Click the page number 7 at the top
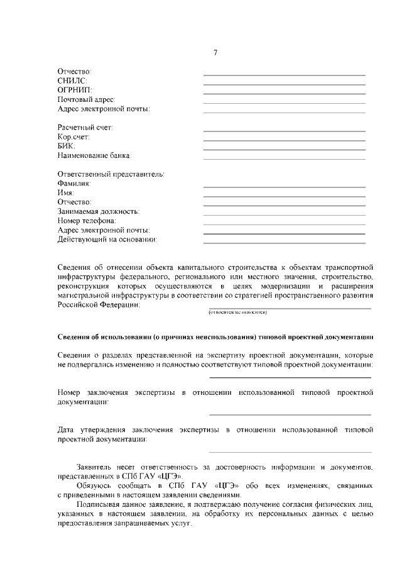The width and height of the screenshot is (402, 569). [x=215, y=52]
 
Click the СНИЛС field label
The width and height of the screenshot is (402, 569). [x=72, y=80]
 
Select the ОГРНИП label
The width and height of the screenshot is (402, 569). [x=75, y=90]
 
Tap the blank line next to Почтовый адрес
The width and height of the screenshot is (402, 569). [x=284, y=103]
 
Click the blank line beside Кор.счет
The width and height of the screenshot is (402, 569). [x=284, y=140]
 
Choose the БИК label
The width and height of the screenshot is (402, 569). [x=66, y=146]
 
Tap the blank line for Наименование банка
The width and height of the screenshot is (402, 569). [x=284, y=159]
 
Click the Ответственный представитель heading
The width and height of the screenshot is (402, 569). [x=111, y=174]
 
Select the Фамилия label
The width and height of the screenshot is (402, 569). [x=74, y=183]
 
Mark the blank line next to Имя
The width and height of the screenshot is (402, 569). [x=284, y=197]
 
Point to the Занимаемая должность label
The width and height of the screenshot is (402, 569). [x=99, y=211]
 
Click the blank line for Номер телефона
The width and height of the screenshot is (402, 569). [x=284, y=224]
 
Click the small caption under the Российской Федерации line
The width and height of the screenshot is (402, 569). [x=238, y=312]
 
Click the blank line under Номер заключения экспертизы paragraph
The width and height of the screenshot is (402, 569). [x=290, y=415]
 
